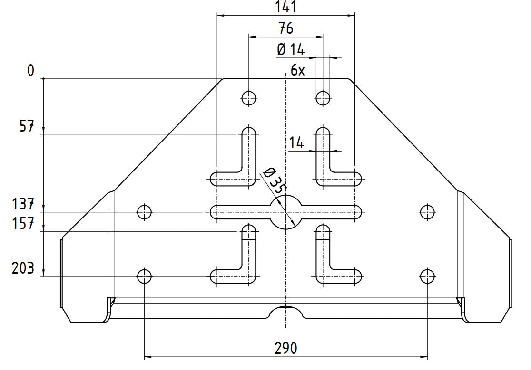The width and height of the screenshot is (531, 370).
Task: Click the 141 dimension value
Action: (285, 7)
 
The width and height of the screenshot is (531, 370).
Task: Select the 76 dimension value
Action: (285, 28)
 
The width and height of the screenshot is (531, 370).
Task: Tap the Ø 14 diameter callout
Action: (290, 49)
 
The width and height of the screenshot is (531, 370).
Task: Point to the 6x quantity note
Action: (297, 71)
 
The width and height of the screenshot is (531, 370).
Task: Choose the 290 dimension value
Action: (285, 348)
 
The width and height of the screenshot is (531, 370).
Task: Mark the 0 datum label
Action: (31, 71)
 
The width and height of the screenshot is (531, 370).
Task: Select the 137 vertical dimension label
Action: (23, 205)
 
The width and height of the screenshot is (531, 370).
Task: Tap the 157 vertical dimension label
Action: (23, 224)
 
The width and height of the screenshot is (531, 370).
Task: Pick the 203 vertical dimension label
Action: (23, 268)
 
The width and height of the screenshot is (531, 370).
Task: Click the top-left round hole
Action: (249, 98)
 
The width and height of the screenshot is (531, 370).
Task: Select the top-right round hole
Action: (323, 98)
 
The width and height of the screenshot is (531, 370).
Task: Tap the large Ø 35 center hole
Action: (286, 212)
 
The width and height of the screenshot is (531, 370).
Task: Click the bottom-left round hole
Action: (144, 275)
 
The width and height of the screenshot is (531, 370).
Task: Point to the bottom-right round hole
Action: (427, 275)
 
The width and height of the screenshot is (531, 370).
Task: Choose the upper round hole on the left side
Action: (144, 212)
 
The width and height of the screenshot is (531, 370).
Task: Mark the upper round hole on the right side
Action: (427, 212)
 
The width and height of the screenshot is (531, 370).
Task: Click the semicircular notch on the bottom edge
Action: (286, 313)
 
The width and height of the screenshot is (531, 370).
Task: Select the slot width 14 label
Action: (296, 142)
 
